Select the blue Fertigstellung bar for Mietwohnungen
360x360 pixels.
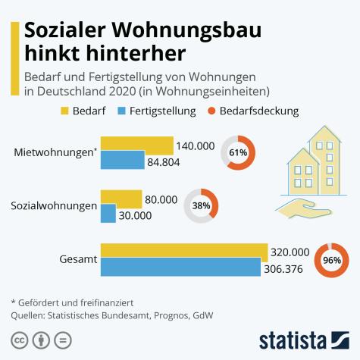pyautogui.click(x=122, y=160)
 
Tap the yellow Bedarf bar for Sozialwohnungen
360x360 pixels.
pyautogui.click(x=121, y=199)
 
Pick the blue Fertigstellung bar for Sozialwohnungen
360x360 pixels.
pyautogui.click(x=108, y=214)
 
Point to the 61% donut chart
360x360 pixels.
pyautogui.click(x=238, y=153)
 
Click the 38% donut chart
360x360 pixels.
pyautogui.click(x=201, y=205)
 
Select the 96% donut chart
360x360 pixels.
pyautogui.click(x=331, y=259)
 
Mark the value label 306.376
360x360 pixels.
pyautogui.click(x=287, y=268)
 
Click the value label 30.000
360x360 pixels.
pyautogui.click(x=136, y=215)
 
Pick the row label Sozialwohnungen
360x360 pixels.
pyautogui.click(x=53, y=206)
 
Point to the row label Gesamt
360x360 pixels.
pyautogui.click(x=77, y=259)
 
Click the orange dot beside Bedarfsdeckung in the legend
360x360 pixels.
pyautogui.click(x=212, y=111)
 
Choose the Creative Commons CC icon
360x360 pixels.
pyautogui.click(x=20, y=339)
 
